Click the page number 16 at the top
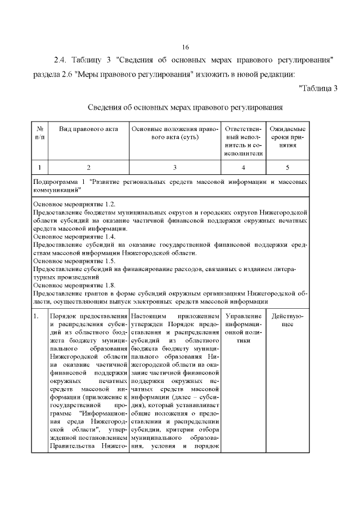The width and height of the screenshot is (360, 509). (186, 47)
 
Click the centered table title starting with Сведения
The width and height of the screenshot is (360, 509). (185, 107)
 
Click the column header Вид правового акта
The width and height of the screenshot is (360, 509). (89, 129)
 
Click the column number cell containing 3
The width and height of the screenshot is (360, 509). (174, 167)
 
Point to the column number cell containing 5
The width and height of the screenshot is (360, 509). (288, 167)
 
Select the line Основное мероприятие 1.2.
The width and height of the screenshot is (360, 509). (74, 205)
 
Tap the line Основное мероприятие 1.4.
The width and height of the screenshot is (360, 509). (74, 237)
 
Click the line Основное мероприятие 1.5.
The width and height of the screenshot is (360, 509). (74, 261)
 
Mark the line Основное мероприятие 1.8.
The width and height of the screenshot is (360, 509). (74, 285)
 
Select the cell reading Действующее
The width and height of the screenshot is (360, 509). (287, 321)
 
